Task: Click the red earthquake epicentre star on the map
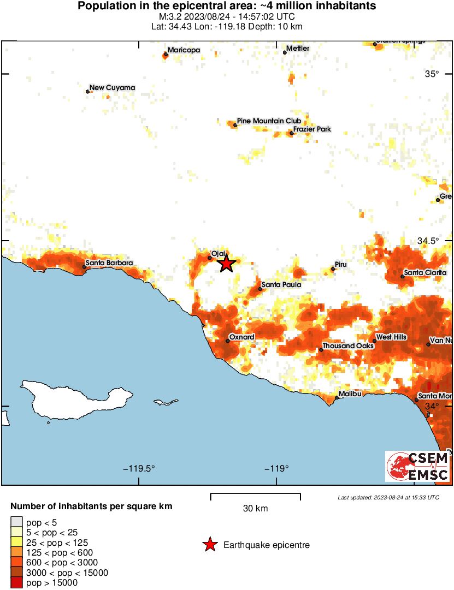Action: tap(226, 264)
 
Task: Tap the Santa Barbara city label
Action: tap(108, 263)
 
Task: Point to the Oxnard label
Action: tap(241, 337)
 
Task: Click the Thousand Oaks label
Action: tap(347, 346)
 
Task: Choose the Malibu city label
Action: tap(351, 394)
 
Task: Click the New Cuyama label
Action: tap(112, 87)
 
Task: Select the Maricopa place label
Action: tap(184, 50)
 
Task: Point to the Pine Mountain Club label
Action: tap(269, 121)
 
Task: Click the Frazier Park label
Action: tap(312, 129)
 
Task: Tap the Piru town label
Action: tap(341, 264)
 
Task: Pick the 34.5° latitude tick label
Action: tap(428, 241)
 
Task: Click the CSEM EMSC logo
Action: tap(418, 466)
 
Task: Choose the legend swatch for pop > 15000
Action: tap(16, 582)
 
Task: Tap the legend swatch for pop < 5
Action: tap(16, 523)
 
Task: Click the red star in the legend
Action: tap(209, 545)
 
